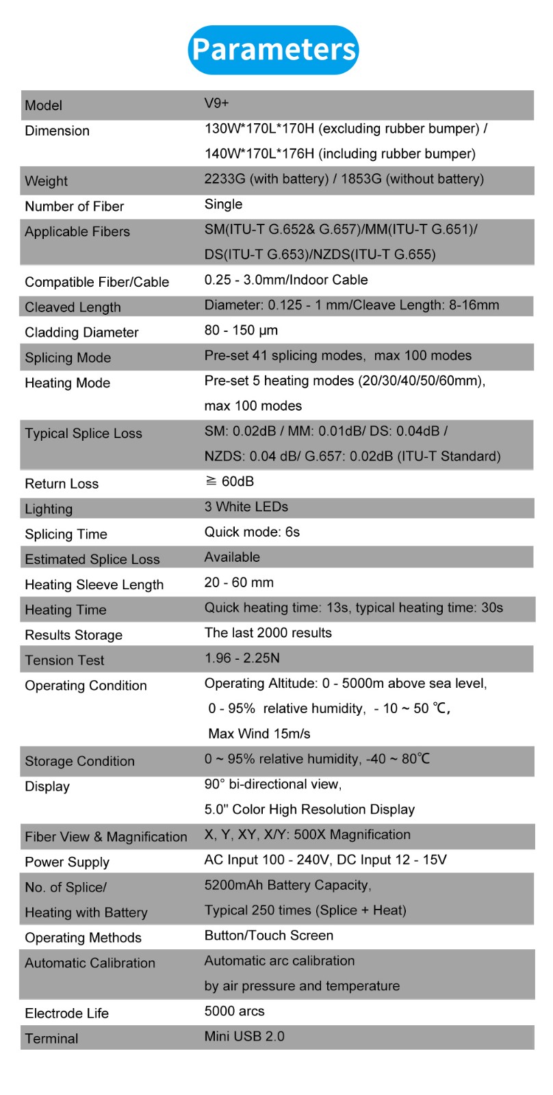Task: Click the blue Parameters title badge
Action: pyautogui.click(x=273, y=49)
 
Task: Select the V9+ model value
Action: pyautogui.click(x=216, y=103)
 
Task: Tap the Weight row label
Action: pyautogui.click(x=47, y=181)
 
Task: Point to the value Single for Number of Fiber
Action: pyautogui.click(x=223, y=204)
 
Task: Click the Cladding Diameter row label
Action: pyautogui.click(x=81, y=333)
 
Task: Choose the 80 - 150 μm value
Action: pyautogui.click(x=241, y=330)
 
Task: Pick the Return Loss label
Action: pyautogui.click(x=62, y=484)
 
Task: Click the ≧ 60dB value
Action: pyautogui.click(x=229, y=481)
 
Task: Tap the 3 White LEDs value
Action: pyautogui.click(x=246, y=506)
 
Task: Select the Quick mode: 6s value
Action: pyautogui.click(x=252, y=532)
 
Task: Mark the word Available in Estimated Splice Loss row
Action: pyautogui.click(x=232, y=557)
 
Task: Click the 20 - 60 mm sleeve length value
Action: pyautogui.click(x=239, y=582)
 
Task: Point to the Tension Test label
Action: pyautogui.click(x=64, y=660)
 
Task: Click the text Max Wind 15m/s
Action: pyautogui.click(x=259, y=734)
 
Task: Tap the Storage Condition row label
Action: pyautogui.click(x=79, y=761)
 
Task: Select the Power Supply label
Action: pyautogui.click(x=67, y=862)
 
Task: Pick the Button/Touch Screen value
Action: pyautogui.click(x=269, y=936)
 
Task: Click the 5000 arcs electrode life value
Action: pyautogui.click(x=234, y=1011)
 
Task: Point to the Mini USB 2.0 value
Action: pyautogui.click(x=244, y=1036)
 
